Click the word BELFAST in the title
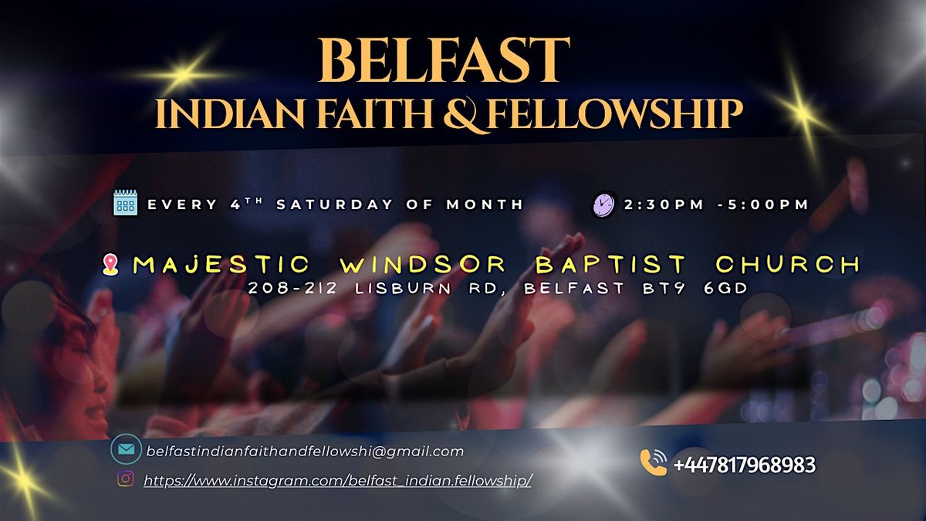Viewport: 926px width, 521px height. [443, 60]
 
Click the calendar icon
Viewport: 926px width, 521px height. [125, 203]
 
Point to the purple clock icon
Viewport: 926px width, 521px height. [603, 205]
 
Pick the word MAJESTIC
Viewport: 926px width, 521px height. [221, 265]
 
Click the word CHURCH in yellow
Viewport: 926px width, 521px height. [787, 265]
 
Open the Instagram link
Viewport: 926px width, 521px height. [338, 480]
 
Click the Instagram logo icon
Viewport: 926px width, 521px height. [125, 479]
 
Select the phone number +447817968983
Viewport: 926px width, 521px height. [744, 465]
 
